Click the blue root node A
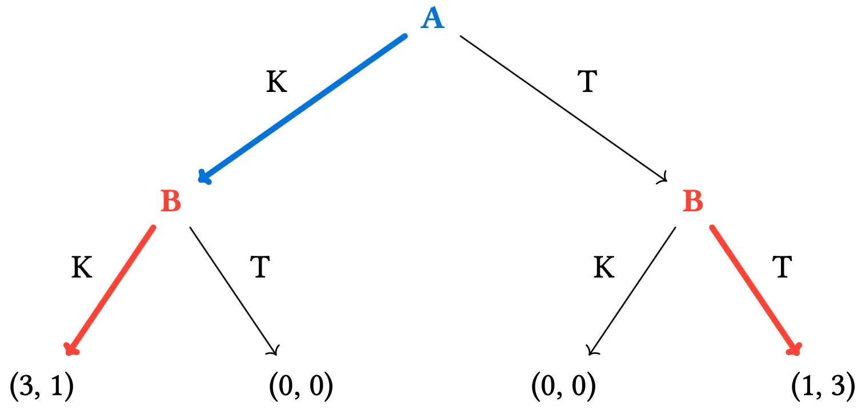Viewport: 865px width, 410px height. [433, 18]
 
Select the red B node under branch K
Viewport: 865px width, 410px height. [171, 201]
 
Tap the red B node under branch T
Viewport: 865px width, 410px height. [693, 201]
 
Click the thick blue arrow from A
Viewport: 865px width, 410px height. [302, 108]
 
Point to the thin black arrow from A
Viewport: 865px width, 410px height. [563, 108]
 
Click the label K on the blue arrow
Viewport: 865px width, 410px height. [277, 82]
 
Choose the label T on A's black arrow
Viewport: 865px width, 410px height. [588, 82]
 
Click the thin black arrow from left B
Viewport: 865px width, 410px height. [234, 291]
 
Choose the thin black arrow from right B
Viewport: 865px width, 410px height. [631, 291]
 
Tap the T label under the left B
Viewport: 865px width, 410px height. [260, 267]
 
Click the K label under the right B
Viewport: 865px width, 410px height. [604, 267]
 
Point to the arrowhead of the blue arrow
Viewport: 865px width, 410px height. [204, 177]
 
